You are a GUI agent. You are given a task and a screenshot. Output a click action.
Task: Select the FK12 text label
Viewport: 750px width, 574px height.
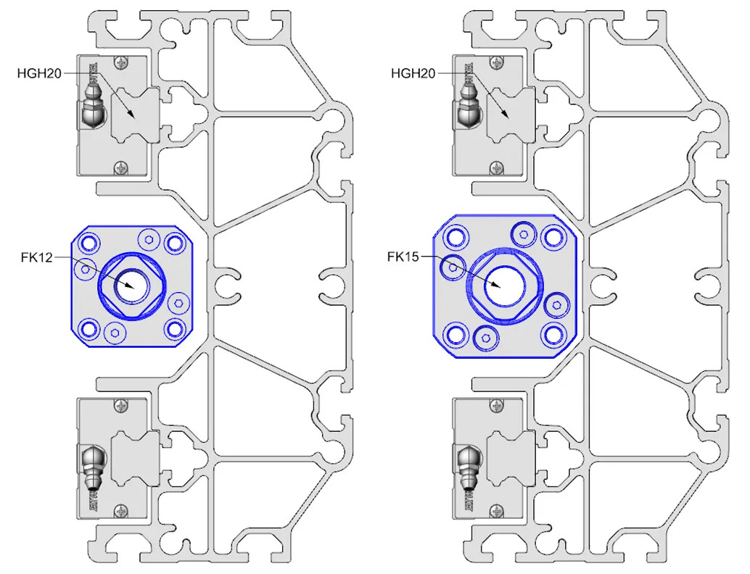click(36, 257)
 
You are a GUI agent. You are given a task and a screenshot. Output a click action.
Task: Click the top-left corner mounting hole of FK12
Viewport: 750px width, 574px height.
click(89, 242)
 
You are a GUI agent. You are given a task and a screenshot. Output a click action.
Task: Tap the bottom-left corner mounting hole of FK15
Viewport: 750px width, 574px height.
click(456, 335)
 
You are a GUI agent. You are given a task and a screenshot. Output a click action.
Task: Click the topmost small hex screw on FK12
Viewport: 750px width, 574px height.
click(149, 240)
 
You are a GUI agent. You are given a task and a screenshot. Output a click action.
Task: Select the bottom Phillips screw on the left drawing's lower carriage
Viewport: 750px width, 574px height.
click(120, 510)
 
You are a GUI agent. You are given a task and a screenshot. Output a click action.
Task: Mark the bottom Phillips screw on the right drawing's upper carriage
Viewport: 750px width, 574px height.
click(497, 167)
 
